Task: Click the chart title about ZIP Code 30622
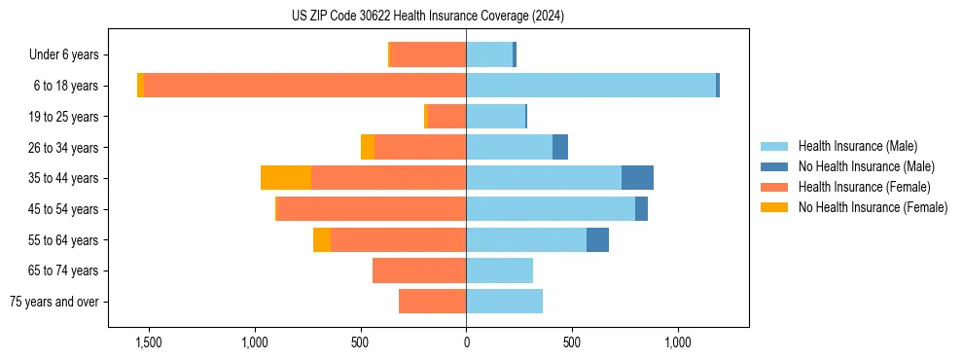pos(427,17)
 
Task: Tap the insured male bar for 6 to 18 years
pos(590,86)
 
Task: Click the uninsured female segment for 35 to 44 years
pos(286,178)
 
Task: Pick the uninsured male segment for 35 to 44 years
pos(637,178)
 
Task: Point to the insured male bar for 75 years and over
pos(504,302)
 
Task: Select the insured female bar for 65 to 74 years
pos(419,270)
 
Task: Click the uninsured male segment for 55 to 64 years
pos(597,239)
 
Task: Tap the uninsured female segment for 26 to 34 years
pos(368,147)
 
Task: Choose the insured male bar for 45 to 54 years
pos(551,208)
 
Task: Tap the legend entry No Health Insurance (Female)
pos(873,206)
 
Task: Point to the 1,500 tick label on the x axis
pos(149,342)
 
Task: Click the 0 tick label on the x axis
pos(466,342)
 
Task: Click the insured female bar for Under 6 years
pos(428,54)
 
